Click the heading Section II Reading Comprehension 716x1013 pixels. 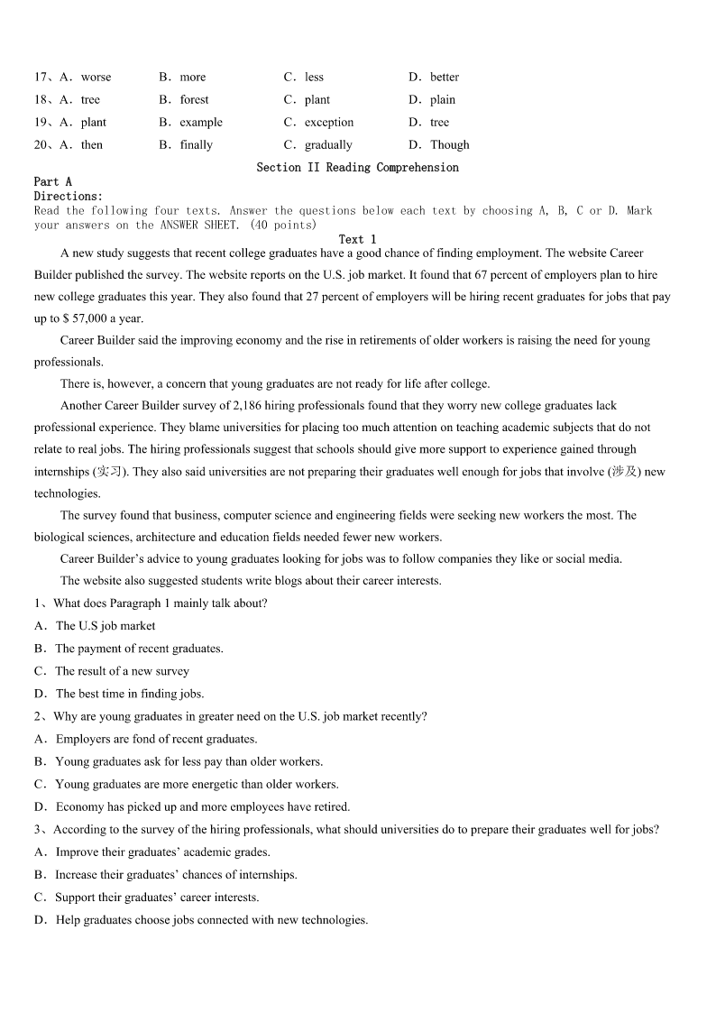(357, 167)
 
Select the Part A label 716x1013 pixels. (52, 181)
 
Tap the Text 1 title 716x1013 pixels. (357, 239)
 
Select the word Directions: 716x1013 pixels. (69, 196)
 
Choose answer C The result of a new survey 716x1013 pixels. (122, 671)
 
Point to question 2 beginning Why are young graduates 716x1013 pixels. (239, 716)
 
